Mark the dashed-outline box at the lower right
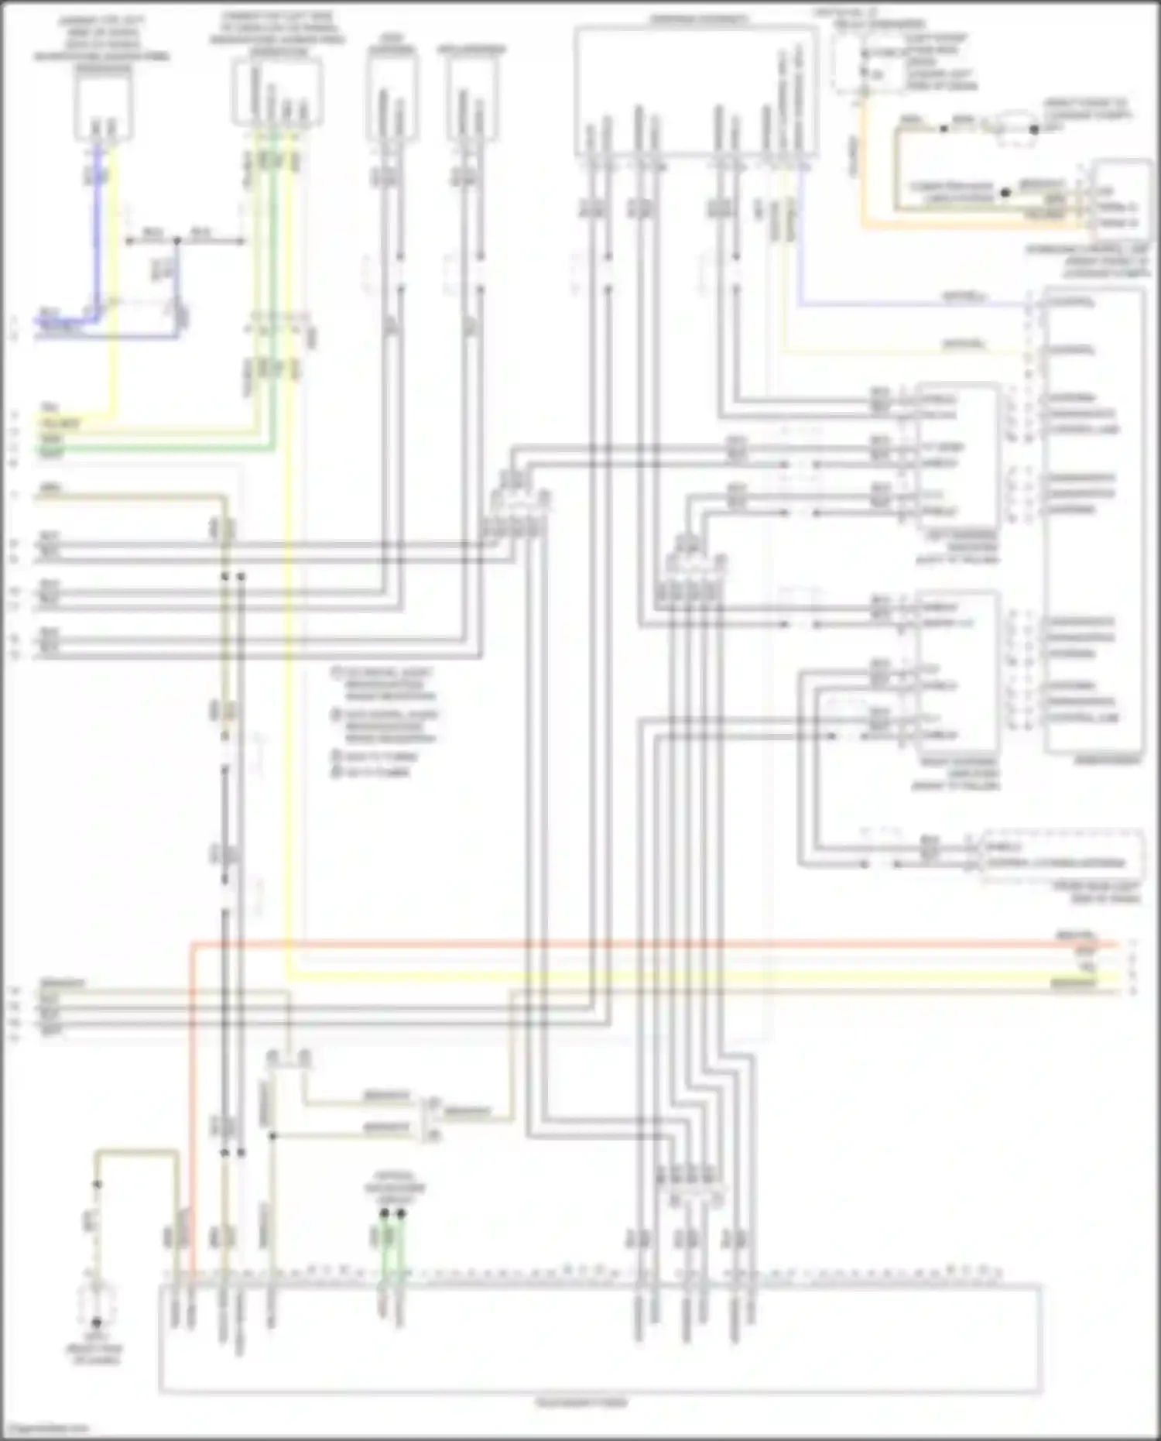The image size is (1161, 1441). point(1062,856)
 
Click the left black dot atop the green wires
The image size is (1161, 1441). point(385,1213)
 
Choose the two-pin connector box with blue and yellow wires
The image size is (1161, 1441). point(104,108)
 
